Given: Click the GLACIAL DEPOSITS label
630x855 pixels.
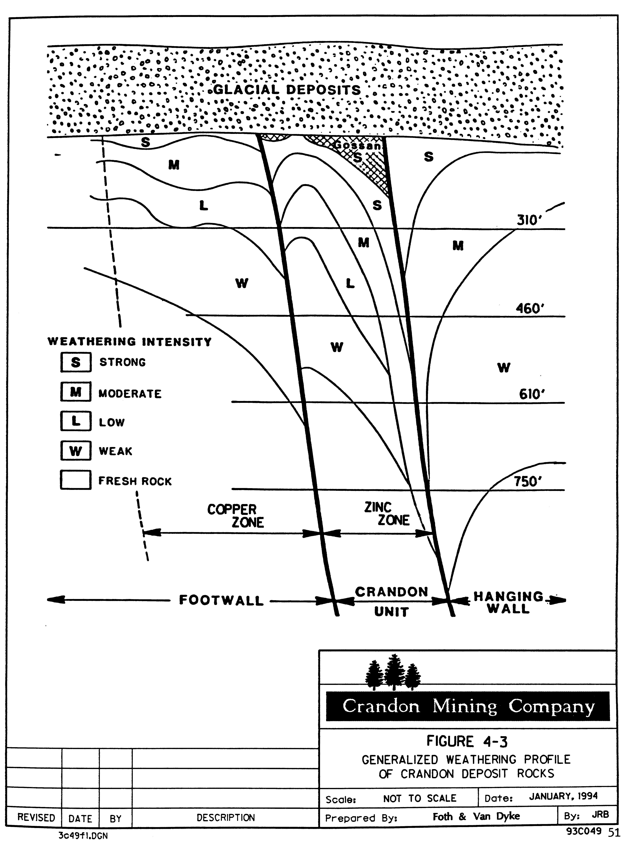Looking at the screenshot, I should [287, 90].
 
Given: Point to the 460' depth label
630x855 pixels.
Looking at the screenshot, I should [529, 308].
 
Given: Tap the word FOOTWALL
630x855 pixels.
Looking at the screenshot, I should [221, 600].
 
